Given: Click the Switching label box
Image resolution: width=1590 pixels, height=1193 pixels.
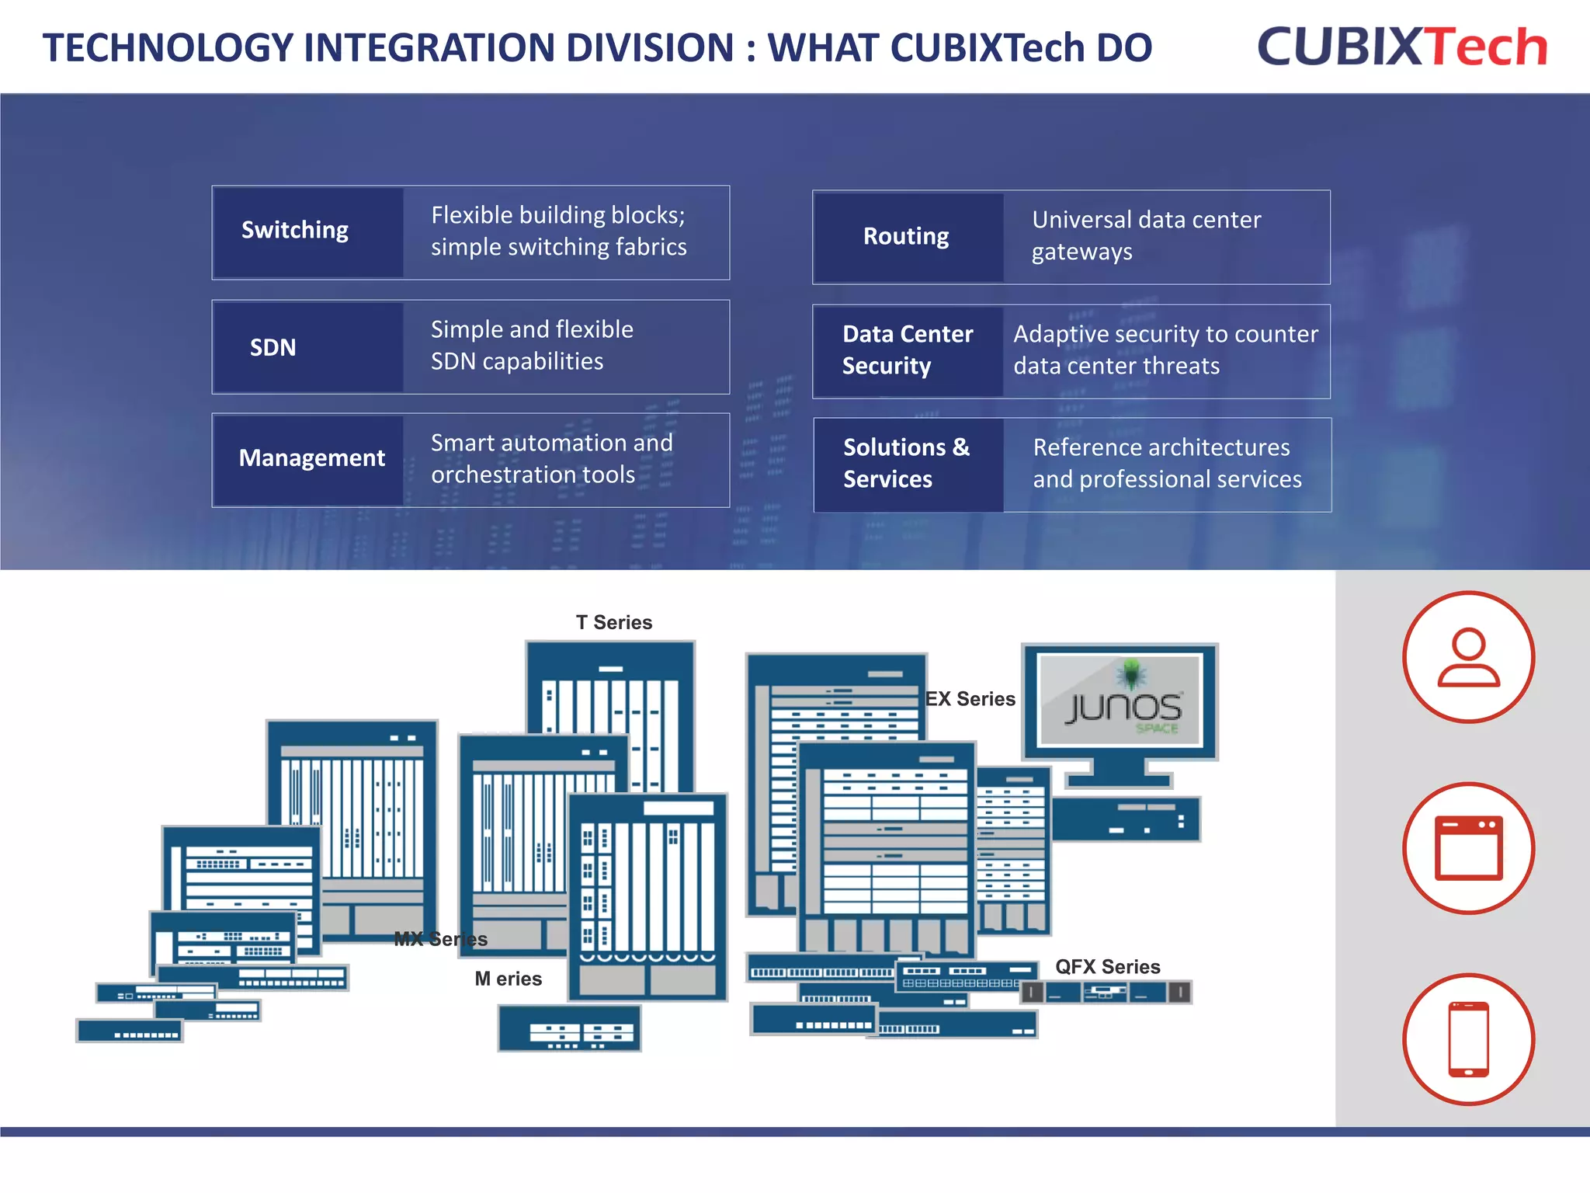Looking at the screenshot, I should (307, 231).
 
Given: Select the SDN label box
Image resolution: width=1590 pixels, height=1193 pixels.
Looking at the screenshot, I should (307, 346).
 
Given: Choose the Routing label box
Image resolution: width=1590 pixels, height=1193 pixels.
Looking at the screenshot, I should (907, 236).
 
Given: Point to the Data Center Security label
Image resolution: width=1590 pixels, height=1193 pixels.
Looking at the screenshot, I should (907, 350).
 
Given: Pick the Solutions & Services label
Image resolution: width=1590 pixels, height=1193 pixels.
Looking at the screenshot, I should (907, 463).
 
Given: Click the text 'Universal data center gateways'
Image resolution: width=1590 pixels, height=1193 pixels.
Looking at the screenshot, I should (1145, 235).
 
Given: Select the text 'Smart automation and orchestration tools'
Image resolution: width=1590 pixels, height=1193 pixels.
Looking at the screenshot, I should (551, 458).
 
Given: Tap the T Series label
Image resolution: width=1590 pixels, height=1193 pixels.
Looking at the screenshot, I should (613, 622).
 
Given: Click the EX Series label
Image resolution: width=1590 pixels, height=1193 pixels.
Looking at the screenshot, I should (970, 699).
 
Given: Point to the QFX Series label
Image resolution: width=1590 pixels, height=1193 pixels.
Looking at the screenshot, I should (1107, 967).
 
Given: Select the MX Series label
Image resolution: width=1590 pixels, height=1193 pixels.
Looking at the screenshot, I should (440, 939).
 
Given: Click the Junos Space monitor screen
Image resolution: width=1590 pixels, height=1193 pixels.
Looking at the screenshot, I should (1120, 699).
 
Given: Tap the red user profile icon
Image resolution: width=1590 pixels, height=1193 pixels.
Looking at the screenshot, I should (1467, 657).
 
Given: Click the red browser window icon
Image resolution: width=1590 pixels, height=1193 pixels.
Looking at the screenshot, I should (1467, 847).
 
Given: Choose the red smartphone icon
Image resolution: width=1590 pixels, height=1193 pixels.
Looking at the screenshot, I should (1467, 1038).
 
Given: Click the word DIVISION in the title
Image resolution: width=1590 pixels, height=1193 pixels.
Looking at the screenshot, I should (651, 48).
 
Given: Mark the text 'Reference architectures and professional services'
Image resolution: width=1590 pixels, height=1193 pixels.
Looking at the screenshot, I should (1166, 463).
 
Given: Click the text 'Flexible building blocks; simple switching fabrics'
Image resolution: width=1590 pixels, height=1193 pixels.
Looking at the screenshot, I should (558, 231).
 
